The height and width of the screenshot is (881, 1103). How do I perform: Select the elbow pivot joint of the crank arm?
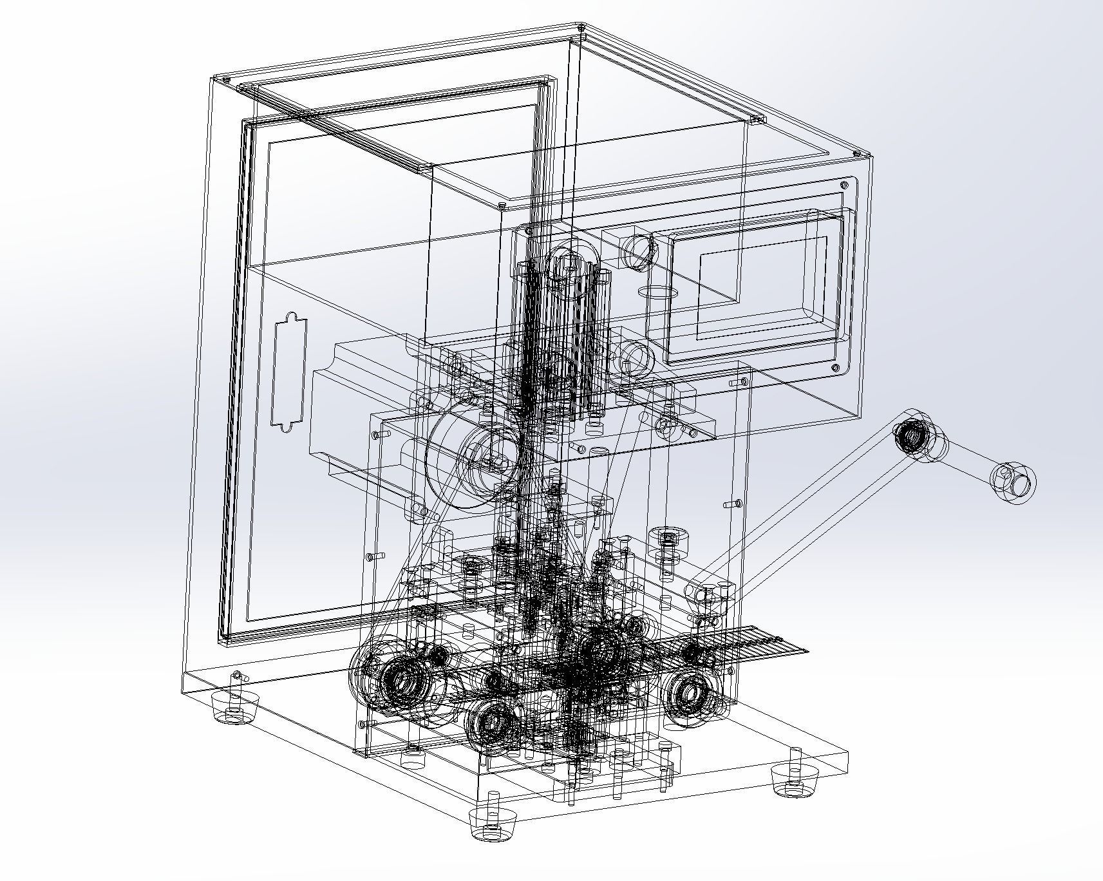(x=911, y=436)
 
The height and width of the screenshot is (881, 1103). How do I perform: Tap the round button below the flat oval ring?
(x=635, y=358)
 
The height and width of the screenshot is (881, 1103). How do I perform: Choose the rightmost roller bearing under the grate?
(x=690, y=694)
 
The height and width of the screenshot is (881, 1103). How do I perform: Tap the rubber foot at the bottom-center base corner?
(x=494, y=822)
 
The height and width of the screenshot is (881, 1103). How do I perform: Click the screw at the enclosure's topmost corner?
(x=581, y=28)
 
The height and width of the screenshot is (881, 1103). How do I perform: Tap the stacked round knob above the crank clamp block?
(x=670, y=538)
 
